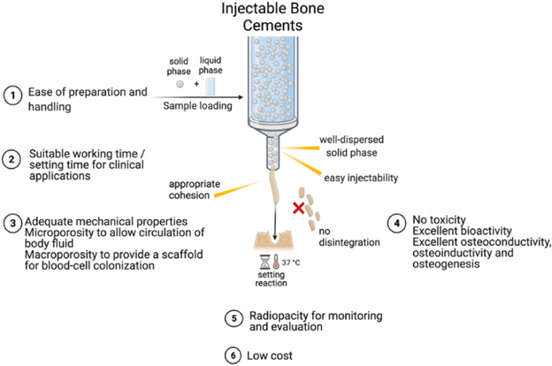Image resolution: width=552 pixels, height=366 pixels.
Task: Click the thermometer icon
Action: [x=276, y=261]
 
